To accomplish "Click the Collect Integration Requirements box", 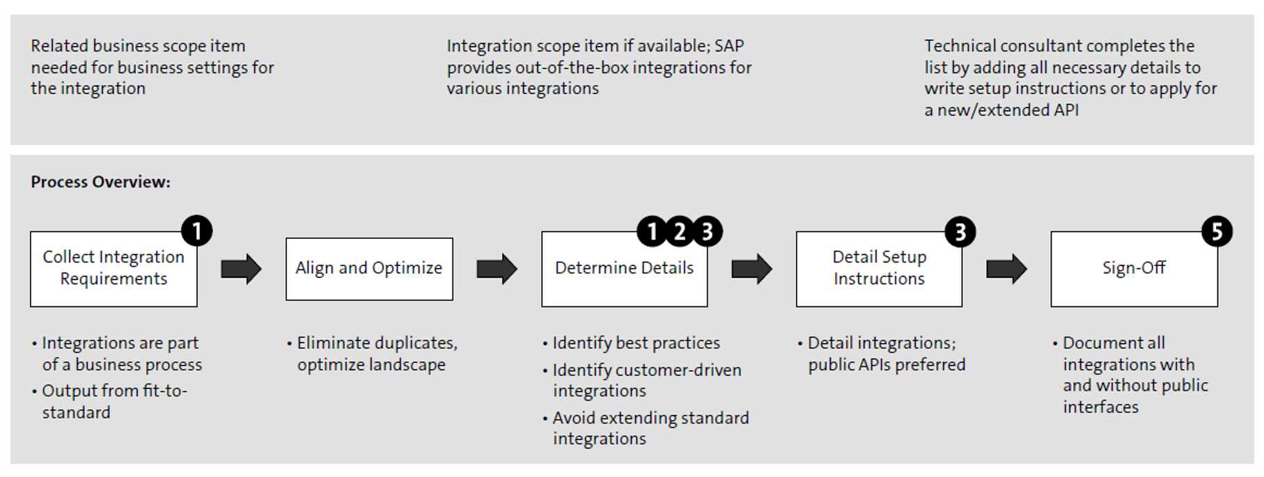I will coord(114,269).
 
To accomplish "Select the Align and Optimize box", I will coord(369,269).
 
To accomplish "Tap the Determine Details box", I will coord(624,269).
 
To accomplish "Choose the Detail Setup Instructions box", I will coord(879,269).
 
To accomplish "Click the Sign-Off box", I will coord(1134,269).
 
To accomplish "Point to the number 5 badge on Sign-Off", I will coord(1217,231).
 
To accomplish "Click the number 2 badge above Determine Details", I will coord(679,231).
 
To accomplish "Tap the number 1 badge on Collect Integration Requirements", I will coord(196,230).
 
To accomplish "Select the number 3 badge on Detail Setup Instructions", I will coord(960,231).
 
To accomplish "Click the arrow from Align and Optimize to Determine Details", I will coord(497,269).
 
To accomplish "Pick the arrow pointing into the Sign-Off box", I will coord(1006,269).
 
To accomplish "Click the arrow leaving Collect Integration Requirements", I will coord(241,269).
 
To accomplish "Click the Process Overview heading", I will coord(100,182).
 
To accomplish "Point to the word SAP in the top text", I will coord(729,46).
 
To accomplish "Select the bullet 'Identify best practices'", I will coord(635,343).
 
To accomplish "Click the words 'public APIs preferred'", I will coord(887,365).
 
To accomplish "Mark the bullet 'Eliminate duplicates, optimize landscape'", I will coord(376,354).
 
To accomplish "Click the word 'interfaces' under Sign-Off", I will coord(1100,407).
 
